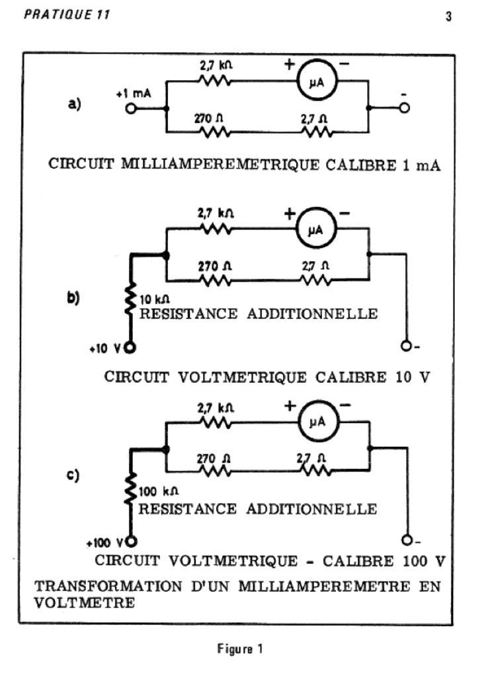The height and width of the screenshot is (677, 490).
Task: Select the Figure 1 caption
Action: tap(240, 649)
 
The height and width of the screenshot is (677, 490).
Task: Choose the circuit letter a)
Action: tap(75, 104)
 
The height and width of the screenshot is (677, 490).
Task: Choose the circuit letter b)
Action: tap(73, 297)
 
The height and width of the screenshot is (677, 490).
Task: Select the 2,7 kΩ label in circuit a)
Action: tap(216, 67)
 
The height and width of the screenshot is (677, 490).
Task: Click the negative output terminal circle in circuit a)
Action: tap(404, 108)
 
